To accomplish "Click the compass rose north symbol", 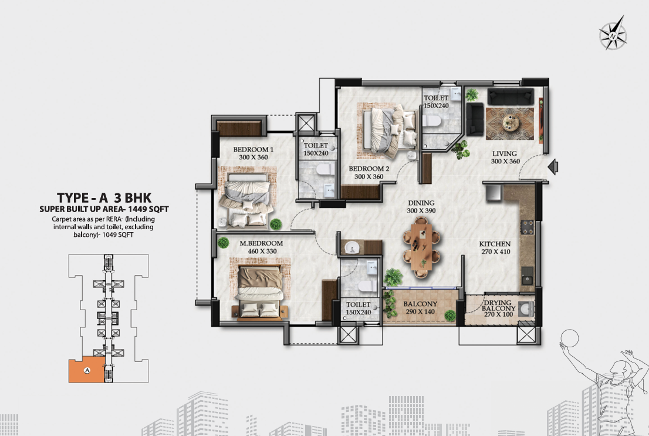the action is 613,33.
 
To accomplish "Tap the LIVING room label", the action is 504,153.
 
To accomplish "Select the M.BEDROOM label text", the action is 261,243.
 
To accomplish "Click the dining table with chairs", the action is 422,251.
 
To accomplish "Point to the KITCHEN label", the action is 495,244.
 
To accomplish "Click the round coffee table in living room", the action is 509,123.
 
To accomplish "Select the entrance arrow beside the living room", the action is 553,167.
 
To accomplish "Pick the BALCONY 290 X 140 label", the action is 420,307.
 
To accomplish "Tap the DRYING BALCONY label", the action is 498,306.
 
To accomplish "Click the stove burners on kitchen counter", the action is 527,227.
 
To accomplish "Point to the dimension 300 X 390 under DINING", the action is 421,210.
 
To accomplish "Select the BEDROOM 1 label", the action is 253,150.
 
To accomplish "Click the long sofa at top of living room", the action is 511,96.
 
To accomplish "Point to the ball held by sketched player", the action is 569,337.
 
